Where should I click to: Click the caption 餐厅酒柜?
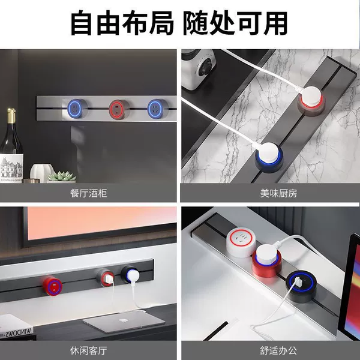point(89,193)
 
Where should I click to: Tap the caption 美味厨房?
point(278,193)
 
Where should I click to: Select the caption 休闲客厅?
point(89,350)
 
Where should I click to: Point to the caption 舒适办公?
point(278,350)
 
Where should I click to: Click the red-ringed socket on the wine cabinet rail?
point(119,110)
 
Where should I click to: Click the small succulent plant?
point(62,176)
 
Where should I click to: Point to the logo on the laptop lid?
point(124,320)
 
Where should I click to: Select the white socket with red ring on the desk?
point(241,244)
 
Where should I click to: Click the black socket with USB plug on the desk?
point(301,286)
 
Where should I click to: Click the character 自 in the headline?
point(82,23)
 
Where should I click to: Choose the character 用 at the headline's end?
point(275,23)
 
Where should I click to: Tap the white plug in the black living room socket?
point(133,275)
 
